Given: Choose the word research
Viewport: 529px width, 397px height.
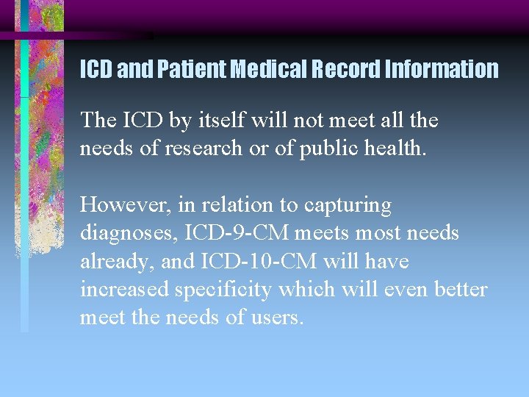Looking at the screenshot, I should pos(195,148).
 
